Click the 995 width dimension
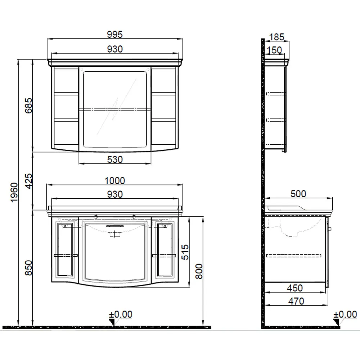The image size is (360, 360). pyautogui.click(x=115, y=35)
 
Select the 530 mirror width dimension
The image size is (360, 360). pyautogui.click(x=115, y=159)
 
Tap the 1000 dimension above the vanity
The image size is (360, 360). pyautogui.click(x=114, y=181)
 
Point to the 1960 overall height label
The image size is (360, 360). pyautogui.click(x=14, y=192)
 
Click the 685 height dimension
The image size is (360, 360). pyautogui.click(x=28, y=105)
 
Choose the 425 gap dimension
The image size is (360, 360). pyautogui.click(x=28, y=181)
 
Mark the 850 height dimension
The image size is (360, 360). pyautogui.click(x=28, y=268)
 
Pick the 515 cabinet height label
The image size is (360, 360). pyautogui.click(x=185, y=252)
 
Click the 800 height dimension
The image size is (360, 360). pyautogui.click(x=199, y=271)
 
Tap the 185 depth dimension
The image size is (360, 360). pyautogui.click(x=276, y=37)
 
